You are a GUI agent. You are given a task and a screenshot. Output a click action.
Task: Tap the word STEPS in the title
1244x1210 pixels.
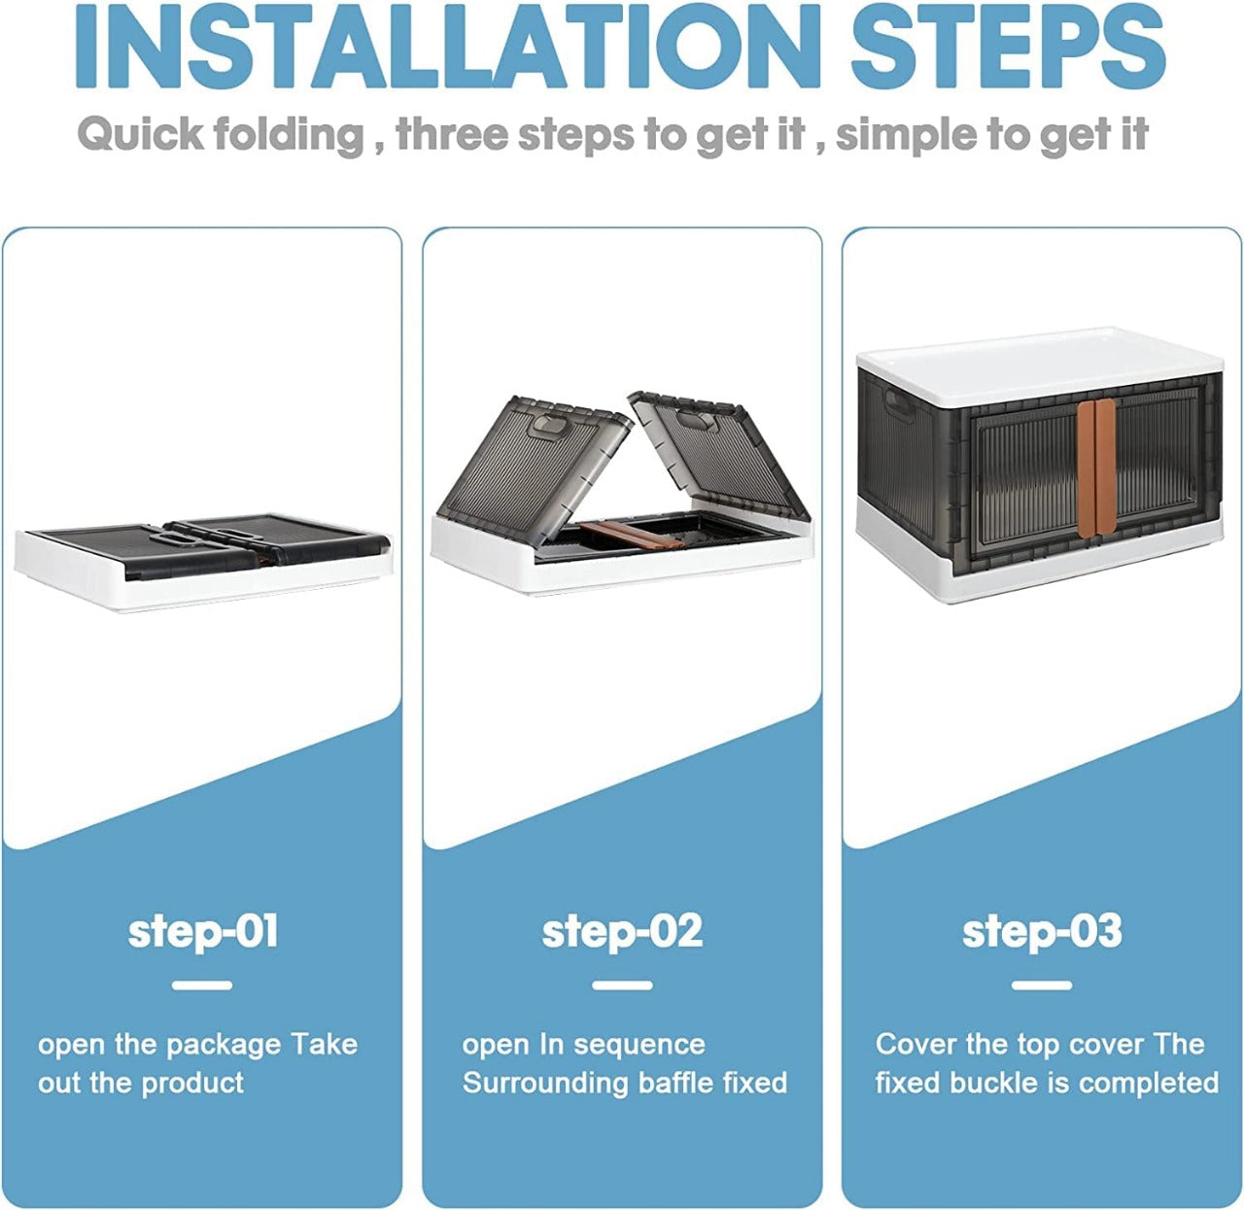(1008, 46)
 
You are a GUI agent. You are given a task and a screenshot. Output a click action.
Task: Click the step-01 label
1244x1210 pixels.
(203, 931)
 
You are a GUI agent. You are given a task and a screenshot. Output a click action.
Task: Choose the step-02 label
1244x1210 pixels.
(622, 931)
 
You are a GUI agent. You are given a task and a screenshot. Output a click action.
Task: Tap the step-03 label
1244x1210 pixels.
(1042, 931)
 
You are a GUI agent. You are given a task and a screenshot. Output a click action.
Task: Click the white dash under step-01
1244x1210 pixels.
(202, 985)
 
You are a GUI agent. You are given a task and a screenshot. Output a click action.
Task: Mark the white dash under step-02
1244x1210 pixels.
(622, 985)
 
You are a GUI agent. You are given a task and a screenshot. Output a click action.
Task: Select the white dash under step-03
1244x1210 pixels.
(1042, 985)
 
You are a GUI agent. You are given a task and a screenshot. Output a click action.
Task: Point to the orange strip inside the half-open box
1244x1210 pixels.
(631, 535)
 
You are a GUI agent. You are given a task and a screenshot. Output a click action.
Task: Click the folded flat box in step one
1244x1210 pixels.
(203, 562)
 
